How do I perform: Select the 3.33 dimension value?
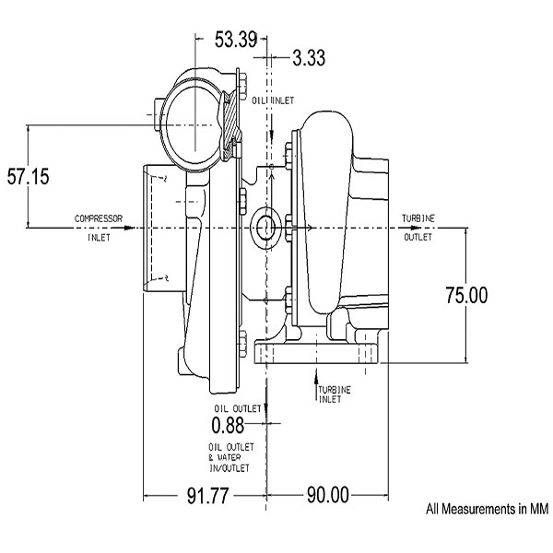(309, 58)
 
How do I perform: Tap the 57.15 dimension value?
(29, 177)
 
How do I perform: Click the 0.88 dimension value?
(228, 425)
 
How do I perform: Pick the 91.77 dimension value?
(203, 495)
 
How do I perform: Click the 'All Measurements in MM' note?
(486, 508)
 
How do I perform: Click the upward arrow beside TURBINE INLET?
(316, 382)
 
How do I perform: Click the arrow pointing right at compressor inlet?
(129, 227)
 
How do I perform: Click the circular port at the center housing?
(265, 227)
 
